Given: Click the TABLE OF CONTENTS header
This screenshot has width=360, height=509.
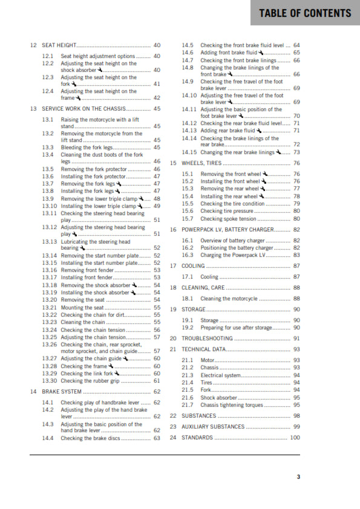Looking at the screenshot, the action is pos(305,13).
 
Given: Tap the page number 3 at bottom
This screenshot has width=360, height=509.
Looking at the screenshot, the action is pos(298,477).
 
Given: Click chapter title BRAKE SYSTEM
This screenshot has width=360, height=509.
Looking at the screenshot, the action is pos(62,392).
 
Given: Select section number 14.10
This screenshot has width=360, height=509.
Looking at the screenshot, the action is pos(189,96).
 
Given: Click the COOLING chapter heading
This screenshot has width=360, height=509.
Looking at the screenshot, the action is pos(194,265).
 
